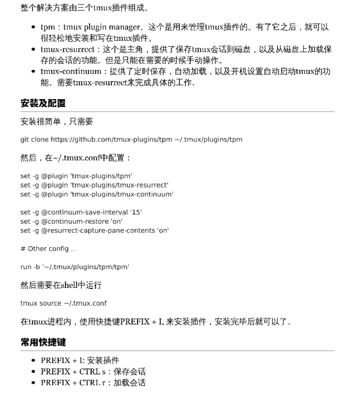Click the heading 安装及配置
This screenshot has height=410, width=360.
43,103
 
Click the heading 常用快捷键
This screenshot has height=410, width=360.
43,342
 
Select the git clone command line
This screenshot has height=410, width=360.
131,139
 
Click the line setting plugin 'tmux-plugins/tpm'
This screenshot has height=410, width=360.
76,176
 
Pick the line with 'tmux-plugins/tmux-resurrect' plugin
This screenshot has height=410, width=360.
94,185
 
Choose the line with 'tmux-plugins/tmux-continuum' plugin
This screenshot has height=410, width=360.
97,194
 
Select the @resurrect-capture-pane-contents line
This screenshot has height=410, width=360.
94,230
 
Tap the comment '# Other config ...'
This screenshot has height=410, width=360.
48,248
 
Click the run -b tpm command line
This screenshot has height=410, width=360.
74,267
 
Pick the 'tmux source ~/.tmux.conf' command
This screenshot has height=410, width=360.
63,303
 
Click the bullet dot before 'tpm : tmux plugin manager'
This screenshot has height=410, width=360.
33,28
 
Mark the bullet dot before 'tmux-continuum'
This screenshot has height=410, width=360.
33,72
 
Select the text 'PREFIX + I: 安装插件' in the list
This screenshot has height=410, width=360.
80,360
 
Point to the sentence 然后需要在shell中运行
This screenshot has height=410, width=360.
61,285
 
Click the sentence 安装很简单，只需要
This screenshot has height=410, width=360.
56,121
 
